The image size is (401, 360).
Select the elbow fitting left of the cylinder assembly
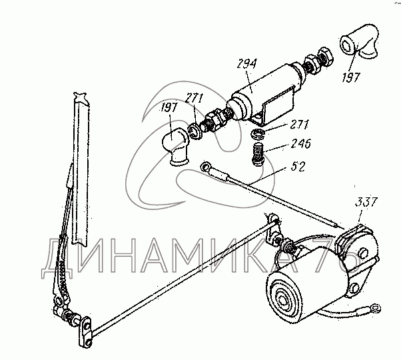pyautogui.click(x=175, y=145)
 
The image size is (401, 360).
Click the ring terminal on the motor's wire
pyautogui.click(x=376, y=308)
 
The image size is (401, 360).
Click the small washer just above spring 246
pyautogui.click(x=258, y=137)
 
